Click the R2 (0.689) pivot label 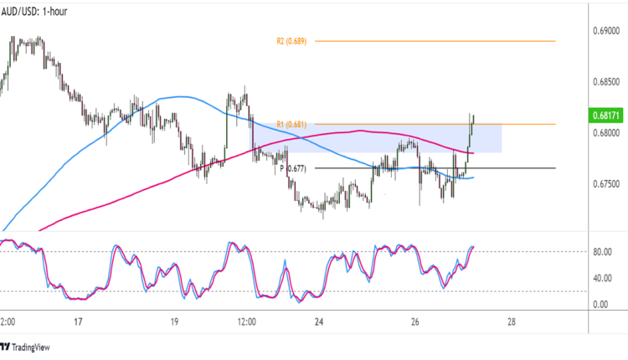click(292, 41)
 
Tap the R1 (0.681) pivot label click(292, 125)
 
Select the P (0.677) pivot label click(293, 168)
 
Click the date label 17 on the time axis click(77, 322)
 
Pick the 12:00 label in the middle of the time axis click(246, 322)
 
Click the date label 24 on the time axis click(318, 322)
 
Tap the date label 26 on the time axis click(415, 322)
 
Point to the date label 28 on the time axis click(512, 322)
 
